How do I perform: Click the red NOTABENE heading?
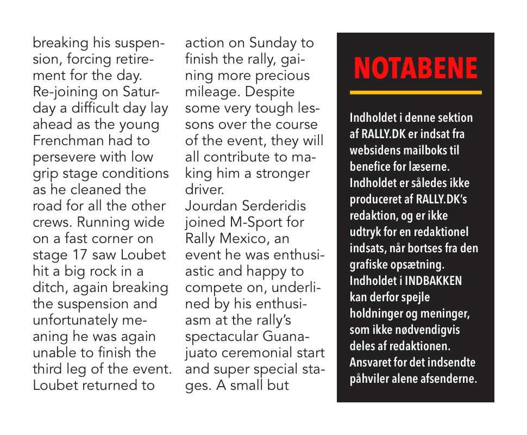pos(416,69)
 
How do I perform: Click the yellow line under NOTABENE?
pos(416,92)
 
